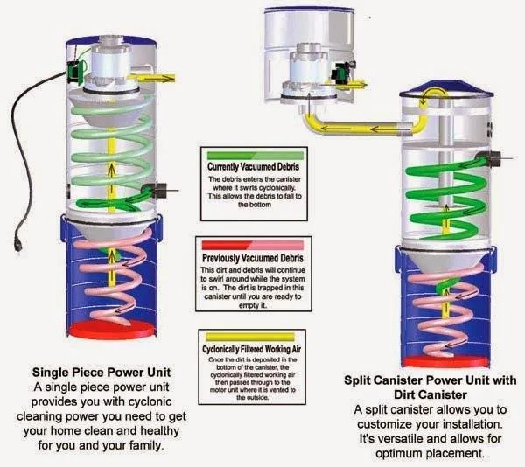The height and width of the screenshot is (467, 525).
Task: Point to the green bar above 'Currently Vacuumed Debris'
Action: point(253,156)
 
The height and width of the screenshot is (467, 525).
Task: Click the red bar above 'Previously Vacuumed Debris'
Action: point(253,246)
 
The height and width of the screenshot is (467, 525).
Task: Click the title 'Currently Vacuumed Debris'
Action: point(253,167)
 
